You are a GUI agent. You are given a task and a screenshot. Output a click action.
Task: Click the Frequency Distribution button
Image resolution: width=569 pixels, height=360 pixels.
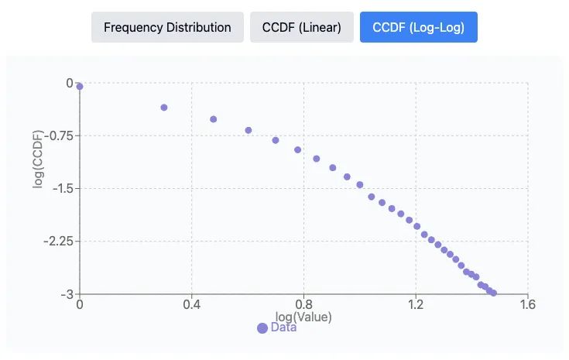tap(167, 27)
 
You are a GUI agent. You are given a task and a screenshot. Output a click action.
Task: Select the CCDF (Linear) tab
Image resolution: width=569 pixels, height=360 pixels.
tap(301, 27)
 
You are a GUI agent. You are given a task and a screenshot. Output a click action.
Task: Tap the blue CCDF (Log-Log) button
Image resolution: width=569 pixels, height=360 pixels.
tap(418, 27)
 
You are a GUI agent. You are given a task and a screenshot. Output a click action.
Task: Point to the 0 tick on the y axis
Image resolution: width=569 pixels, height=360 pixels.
tap(69, 83)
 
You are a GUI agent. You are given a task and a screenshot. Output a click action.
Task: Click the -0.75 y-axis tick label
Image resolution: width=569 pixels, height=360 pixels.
tap(57, 135)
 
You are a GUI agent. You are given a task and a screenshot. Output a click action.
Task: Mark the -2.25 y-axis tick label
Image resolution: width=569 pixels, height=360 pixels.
tap(57, 241)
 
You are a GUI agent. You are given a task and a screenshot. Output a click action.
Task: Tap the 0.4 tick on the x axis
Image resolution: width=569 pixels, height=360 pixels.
tap(191, 305)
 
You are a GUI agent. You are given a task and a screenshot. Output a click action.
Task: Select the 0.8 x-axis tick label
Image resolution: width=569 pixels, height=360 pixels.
tap(303, 305)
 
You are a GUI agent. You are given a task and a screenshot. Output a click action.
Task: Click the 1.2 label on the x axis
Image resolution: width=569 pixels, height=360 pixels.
tap(416, 305)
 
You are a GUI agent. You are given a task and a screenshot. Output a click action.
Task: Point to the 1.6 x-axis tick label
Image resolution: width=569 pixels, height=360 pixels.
tap(527, 305)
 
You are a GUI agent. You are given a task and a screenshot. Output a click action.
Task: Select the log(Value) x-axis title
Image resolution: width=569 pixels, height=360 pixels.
tap(303, 317)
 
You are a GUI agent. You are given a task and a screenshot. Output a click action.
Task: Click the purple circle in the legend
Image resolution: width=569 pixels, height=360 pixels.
tap(262, 327)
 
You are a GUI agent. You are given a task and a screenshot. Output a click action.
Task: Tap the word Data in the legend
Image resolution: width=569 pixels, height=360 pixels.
tap(283, 327)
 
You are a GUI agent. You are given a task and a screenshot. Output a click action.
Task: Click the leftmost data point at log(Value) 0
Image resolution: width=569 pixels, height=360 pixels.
tap(80, 87)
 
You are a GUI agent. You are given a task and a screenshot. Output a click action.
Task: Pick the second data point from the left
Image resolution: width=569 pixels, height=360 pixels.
tap(163, 108)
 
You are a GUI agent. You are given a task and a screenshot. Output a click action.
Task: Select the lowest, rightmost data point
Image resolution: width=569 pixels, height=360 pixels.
tap(493, 293)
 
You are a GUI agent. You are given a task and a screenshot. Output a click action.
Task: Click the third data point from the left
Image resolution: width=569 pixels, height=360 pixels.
tap(213, 119)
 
